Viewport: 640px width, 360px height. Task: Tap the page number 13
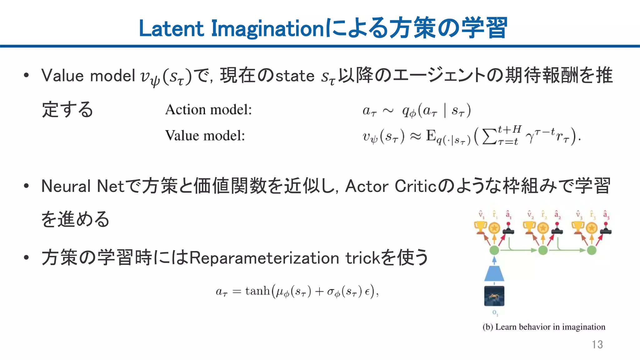pyautogui.click(x=597, y=344)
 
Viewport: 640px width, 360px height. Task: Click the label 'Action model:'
pyautogui.click(x=208, y=110)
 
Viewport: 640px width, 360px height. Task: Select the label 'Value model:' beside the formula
pyautogui.click(x=205, y=136)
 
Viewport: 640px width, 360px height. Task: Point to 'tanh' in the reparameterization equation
pyautogui.click(x=257, y=291)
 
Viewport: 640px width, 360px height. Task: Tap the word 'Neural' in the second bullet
pyautogui.click(x=66, y=186)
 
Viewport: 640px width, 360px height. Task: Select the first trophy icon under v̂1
pyautogui.click(x=480, y=227)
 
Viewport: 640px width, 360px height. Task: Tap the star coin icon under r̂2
pyautogui.click(x=543, y=228)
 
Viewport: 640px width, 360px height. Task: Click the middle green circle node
pyautogui.click(x=543, y=250)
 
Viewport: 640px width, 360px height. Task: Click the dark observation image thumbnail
pyautogui.click(x=494, y=296)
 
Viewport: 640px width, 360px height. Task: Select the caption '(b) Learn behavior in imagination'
pyautogui.click(x=544, y=327)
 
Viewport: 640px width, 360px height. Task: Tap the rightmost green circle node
pyautogui.click(x=592, y=250)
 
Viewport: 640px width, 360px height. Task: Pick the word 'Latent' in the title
pyautogui.click(x=171, y=29)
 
